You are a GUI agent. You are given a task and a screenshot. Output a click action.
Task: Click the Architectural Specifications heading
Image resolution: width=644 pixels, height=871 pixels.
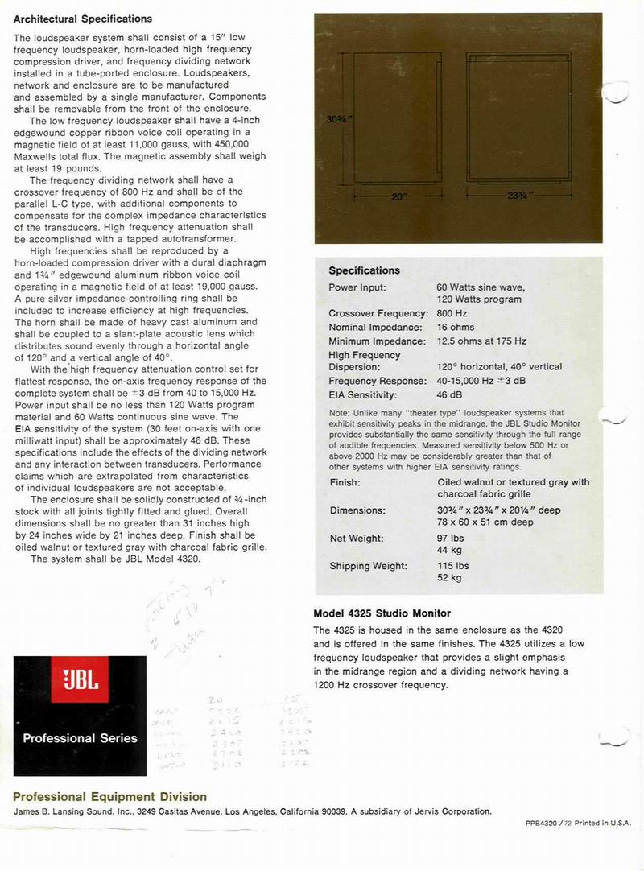(x=83, y=18)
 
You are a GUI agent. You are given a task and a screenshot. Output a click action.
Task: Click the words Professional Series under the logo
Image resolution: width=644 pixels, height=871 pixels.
(x=80, y=737)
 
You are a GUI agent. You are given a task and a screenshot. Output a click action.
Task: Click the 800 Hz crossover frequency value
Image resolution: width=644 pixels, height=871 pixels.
(x=452, y=313)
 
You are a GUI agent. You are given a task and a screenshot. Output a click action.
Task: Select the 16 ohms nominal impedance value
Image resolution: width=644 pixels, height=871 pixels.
(x=456, y=328)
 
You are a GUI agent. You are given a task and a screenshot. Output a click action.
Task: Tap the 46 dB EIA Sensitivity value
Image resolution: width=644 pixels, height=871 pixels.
(x=448, y=395)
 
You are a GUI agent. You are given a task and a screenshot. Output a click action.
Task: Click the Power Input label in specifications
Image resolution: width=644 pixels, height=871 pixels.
(x=357, y=287)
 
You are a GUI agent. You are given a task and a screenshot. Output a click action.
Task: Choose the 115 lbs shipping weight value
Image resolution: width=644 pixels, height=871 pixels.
(x=453, y=566)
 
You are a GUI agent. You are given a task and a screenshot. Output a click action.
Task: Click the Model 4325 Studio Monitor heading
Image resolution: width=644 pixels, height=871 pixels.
(x=382, y=613)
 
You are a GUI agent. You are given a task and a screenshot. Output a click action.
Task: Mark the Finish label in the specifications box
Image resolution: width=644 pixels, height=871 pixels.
(x=345, y=482)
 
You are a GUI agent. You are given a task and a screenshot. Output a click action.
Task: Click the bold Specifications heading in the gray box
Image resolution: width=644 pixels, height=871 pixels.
(x=364, y=270)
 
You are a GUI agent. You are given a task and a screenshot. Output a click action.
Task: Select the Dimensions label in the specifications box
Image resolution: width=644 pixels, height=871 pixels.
(x=357, y=510)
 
